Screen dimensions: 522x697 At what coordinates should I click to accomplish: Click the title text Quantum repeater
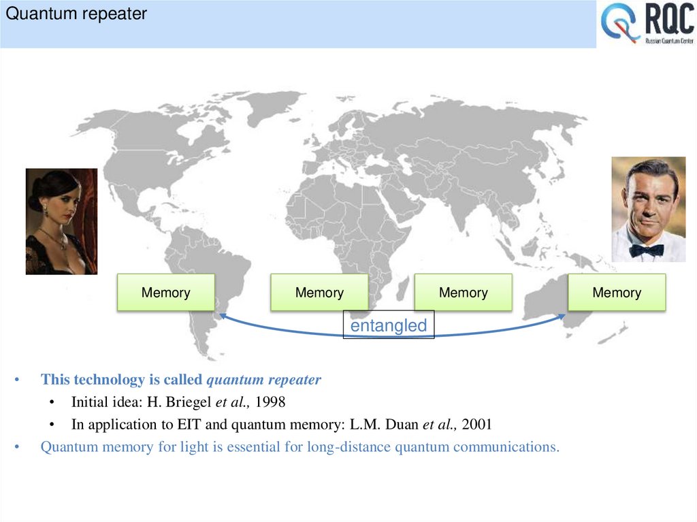[x=76, y=14]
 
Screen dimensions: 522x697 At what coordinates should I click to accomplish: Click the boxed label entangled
[x=388, y=326]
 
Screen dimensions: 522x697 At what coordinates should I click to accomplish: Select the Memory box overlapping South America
[x=165, y=293]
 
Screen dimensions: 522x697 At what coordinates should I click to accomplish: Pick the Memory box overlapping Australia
[x=617, y=293]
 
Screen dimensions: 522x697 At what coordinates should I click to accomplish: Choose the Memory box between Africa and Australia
[x=463, y=293]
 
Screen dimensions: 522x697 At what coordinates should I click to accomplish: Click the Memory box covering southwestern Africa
[x=319, y=293]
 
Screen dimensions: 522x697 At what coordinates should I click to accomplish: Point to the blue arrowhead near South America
[x=223, y=316]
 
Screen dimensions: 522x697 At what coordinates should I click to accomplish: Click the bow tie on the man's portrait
[x=646, y=250]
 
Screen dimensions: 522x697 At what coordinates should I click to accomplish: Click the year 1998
[x=270, y=402]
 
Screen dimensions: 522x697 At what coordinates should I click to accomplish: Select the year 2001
[x=476, y=425]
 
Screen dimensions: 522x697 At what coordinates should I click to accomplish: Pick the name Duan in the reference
[x=402, y=425]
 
